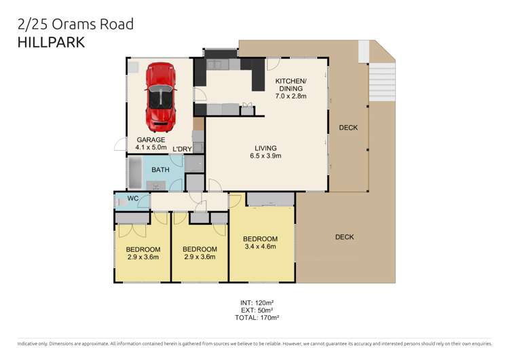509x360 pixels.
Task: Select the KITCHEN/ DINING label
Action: coord(290,84)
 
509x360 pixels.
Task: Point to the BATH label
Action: coord(160,170)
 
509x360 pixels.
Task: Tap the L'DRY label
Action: coord(182,149)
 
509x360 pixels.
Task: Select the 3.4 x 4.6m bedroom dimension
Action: coord(261,248)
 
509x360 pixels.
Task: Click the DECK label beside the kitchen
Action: coord(348,128)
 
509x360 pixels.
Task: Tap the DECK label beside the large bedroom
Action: coord(345,237)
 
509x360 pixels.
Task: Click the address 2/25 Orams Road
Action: coord(75,24)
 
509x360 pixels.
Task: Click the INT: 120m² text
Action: coord(255,302)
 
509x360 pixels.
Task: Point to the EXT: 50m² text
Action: coord(255,310)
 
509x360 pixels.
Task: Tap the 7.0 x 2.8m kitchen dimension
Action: coord(290,96)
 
